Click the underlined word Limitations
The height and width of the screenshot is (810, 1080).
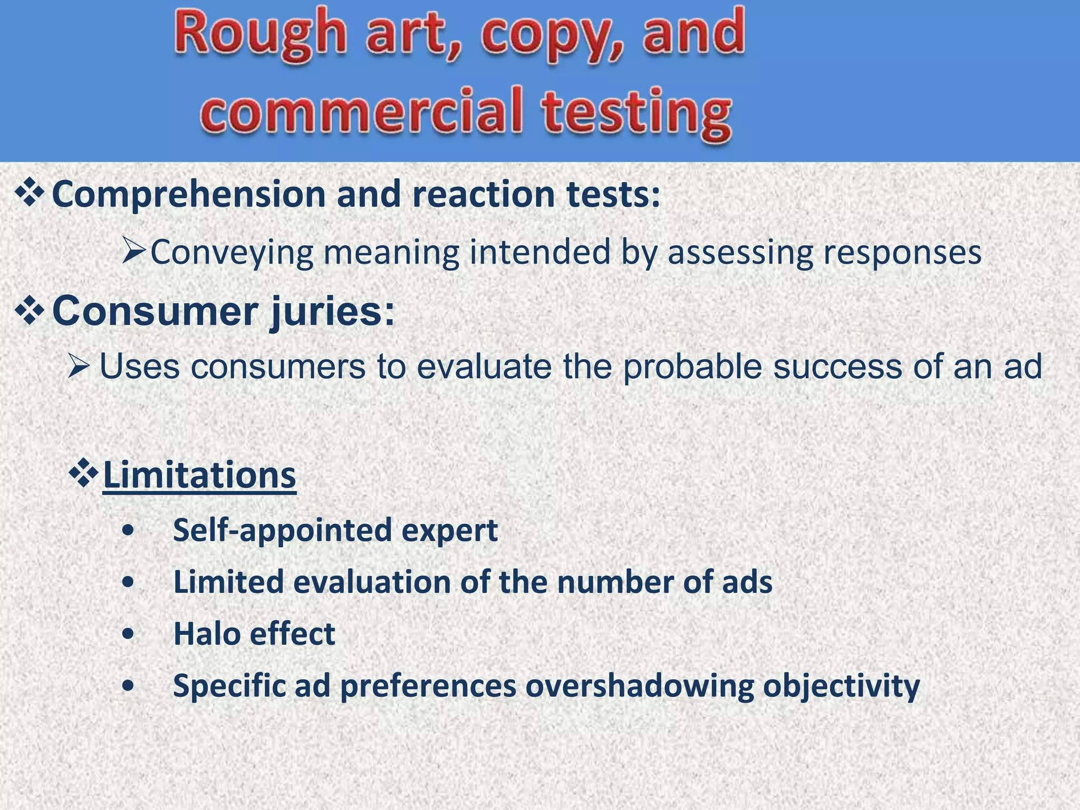coord(199,476)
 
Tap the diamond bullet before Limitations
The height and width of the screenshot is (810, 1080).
coord(83,473)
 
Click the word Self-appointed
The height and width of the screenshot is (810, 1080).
coord(282,531)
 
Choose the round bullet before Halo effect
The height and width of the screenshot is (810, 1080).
coord(127,634)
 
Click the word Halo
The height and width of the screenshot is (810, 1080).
coord(206,634)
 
